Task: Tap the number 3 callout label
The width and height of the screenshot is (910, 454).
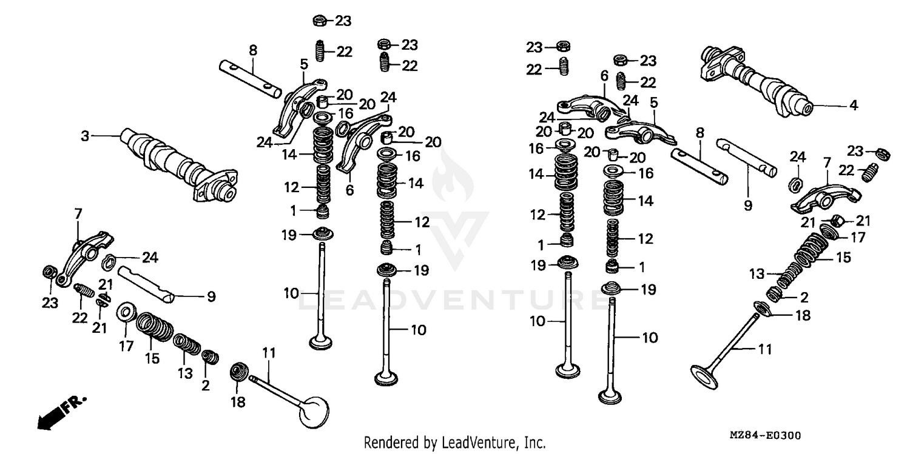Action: [86, 136]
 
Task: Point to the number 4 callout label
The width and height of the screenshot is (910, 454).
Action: [854, 105]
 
